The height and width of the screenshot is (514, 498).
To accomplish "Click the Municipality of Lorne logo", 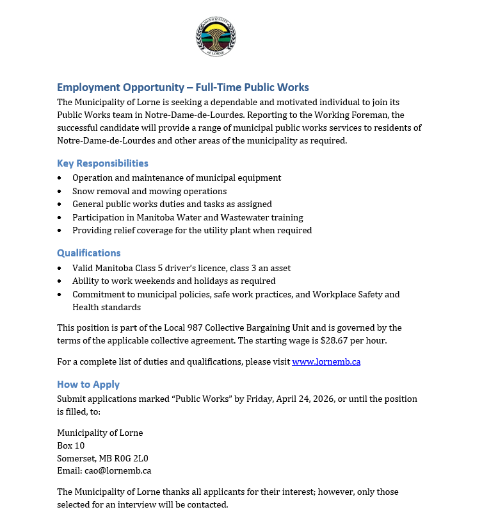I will pyautogui.click(x=216, y=37).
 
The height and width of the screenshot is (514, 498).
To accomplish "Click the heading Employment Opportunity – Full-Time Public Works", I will pyautogui.click(x=182, y=87).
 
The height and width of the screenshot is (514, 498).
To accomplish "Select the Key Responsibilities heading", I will pyautogui.click(x=102, y=163).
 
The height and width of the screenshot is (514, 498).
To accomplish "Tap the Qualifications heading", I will pyautogui.click(x=88, y=253).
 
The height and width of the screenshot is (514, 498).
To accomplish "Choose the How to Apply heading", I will pyautogui.click(x=88, y=385).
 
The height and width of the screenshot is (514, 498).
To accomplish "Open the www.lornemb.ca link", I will pyautogui.click(x=326, y=361).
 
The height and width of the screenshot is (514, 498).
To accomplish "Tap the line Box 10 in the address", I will pyautogui.click(x=70, y=445).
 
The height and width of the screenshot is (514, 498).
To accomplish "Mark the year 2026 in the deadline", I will pyautogui.click(x=323, y=399).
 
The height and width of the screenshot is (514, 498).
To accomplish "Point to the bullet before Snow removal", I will pyautogui.click(x=60, y=192).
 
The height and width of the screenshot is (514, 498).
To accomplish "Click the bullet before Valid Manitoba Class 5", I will pyautogui.click(x=60, y=268).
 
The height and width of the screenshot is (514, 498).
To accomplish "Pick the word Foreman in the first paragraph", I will pyautogui.click(x=373, y=115).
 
